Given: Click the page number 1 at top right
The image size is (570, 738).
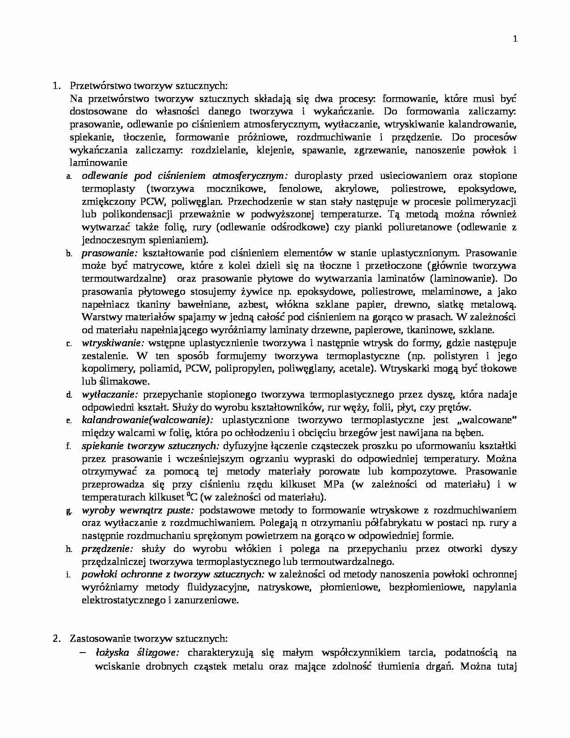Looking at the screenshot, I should pyautogui.click(x=515, y=39).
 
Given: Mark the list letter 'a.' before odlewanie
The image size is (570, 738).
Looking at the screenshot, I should pyautogui.click(x=69, y=177).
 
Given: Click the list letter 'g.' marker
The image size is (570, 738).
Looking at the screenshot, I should pyautogui.click(x=69, y=511).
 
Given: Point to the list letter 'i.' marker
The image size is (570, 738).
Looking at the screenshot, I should pyautogui.click(x=68, y=575).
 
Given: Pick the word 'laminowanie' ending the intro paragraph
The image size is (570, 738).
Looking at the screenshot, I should pyautogui.click(x=98, y=163).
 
